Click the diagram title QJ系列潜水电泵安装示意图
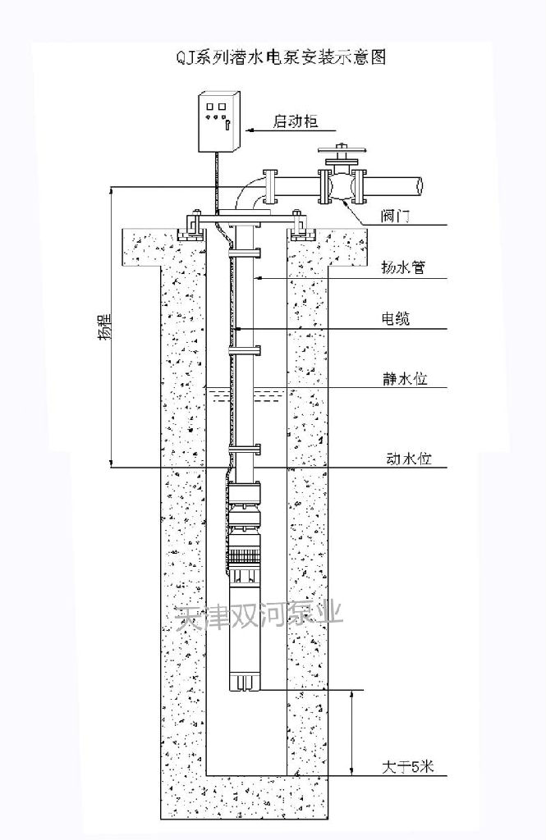(x=281, y=57)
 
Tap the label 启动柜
(x=295, y=121)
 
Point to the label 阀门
(x=395, y=217)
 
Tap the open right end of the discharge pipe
(x=420, y=185)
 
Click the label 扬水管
(x=403, y=267)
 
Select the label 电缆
(x=395, y=319)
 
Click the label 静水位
(x=405, y=379)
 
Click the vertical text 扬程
(x=105, y=326)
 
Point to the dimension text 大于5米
(x=407, y=767)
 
